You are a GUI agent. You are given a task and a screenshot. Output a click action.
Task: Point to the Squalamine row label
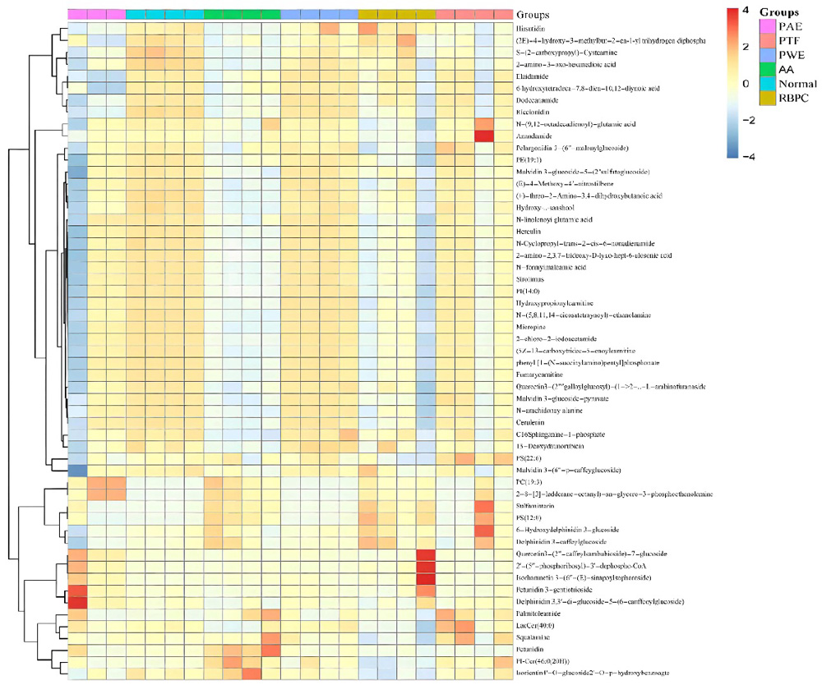[x=533, y=637]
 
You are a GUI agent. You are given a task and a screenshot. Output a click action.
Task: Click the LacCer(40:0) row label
[x=535, y=624]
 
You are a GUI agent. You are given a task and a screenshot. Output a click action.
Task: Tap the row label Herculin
[x=529, y=232]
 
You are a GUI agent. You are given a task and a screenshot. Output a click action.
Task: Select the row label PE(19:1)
[x=528, y=160]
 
